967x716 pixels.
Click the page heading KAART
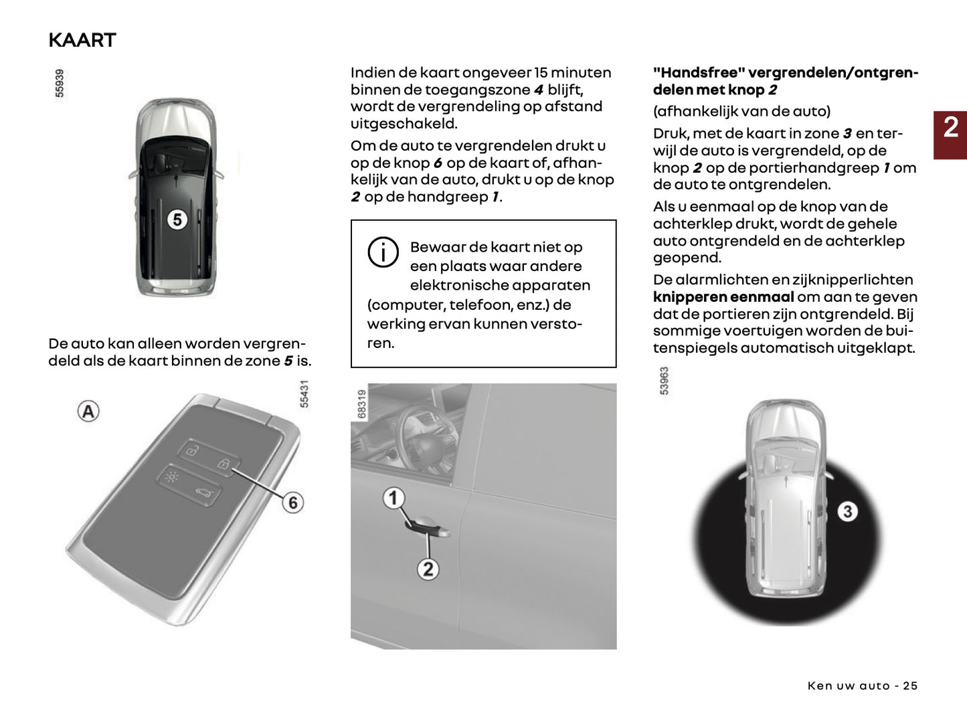tap(82, 40)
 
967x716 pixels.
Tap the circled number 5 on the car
tap(177, 219)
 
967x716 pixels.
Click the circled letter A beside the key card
tap(88, 411)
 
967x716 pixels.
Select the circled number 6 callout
tap(292, 502)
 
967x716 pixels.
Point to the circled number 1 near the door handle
tap(393, 498)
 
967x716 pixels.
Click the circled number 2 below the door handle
tap(428, 569)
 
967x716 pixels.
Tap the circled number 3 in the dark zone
tap(847, 512)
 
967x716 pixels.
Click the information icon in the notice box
tap(383, 252)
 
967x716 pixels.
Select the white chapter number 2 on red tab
tap(950, 128)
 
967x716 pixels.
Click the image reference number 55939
tap(60, 83)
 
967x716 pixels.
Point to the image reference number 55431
tap(304, 394)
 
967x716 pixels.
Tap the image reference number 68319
tap(362, 404)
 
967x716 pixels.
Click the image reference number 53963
tap(664, 381)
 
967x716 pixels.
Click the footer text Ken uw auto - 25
tap(862, 686)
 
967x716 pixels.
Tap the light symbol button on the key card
tap(172, 477)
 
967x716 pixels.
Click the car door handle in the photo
tap(428, 529)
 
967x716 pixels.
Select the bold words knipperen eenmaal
tap(723, 297)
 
